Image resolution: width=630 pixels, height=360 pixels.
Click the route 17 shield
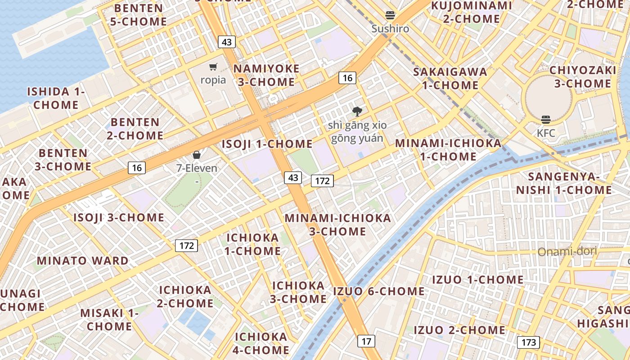point(366,341)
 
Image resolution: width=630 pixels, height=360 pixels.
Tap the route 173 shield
point(528,342)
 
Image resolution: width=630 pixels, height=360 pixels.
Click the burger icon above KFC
point(546,120)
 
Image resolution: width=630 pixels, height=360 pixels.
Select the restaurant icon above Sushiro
point(390,15)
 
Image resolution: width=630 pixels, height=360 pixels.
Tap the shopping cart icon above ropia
point(213,67)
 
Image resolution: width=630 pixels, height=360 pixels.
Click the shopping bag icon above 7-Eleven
point(197,155)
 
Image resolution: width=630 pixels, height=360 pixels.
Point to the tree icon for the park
point(357,111)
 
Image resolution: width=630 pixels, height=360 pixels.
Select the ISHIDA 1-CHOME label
point(56,98)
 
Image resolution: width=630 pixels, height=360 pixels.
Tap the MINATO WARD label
point(83,261)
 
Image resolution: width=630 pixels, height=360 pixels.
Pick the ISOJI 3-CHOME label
point(119,217)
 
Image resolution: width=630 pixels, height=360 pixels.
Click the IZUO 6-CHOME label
point(379,292)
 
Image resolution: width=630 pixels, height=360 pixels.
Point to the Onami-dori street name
point(567,251)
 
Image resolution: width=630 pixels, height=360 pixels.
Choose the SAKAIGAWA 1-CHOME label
point(450,78)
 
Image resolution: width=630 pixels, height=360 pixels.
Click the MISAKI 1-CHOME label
point(109,319)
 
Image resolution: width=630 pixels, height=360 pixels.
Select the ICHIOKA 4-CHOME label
point(261,343)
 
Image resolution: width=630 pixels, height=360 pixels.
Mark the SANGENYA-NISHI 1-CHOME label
point(564,183)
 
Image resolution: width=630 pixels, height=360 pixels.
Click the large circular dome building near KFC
point(547,97)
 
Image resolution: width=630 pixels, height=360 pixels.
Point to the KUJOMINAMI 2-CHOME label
point(472,12)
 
